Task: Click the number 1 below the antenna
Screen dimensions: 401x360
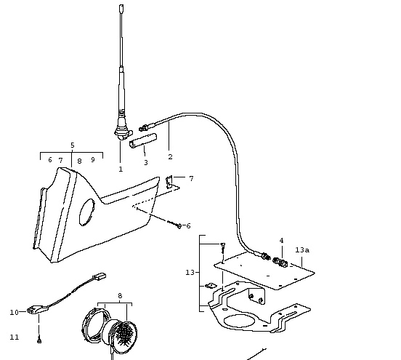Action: (121, 169)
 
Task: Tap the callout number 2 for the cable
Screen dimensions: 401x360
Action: (170, 156)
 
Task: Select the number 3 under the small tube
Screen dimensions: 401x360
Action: (146, 162)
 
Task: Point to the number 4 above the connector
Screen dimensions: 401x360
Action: (282, 241)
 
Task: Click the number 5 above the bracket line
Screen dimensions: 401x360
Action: (73, 145)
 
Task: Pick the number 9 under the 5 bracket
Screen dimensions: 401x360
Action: (93, 159)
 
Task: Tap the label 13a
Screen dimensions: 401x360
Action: (302, 249)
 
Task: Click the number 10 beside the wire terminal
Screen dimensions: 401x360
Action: (14, 312)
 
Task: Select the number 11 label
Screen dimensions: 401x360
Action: (15, 337)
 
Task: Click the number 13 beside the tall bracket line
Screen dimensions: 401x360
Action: (190, 273)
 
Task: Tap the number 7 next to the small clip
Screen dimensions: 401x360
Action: (191, 178)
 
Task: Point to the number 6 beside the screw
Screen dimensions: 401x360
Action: (188, 226)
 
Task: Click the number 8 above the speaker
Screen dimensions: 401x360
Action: (120, 296)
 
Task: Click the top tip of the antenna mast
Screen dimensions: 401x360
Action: (122, 5)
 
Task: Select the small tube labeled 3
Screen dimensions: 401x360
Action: (143, 140)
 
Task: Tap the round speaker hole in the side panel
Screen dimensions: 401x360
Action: (87, 212)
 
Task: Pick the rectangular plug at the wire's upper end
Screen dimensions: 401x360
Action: (100, 276)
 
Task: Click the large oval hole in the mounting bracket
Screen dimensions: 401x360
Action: (240, 321)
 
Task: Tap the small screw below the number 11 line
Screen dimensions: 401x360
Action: (39, 340)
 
